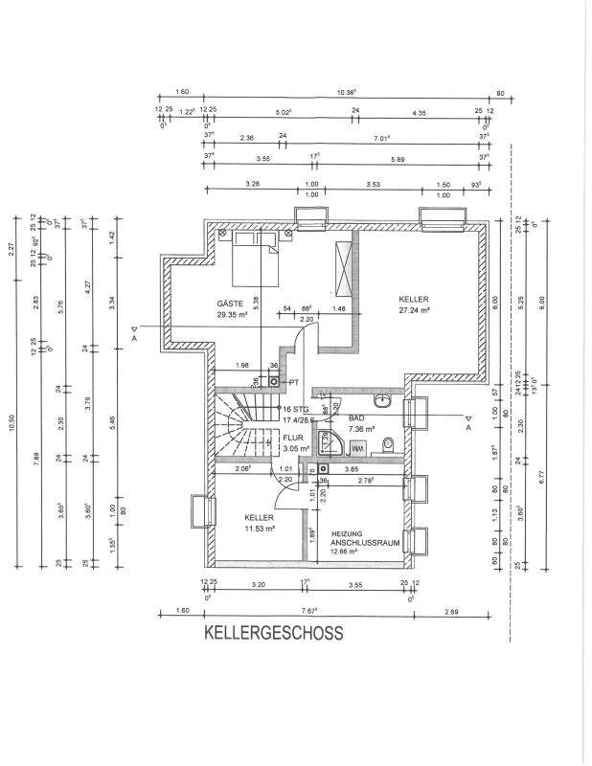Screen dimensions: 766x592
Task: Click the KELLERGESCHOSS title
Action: click(272, 633)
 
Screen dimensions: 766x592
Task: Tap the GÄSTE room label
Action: click(231, 303)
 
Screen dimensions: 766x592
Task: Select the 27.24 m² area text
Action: click(414, 310)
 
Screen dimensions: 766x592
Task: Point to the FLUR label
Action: click(292, 437)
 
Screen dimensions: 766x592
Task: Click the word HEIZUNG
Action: click(346, 533)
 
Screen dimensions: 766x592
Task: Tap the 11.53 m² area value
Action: click(260, 528)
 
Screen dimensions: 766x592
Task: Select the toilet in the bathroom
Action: click(388, 445)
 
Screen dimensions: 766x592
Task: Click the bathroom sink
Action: click(383, 396)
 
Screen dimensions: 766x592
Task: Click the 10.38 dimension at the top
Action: click(346, 93)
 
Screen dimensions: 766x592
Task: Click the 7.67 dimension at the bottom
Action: click(308, 610)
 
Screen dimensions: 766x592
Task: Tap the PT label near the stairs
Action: click(293, 381)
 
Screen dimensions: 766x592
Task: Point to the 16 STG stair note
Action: click(293, 409)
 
